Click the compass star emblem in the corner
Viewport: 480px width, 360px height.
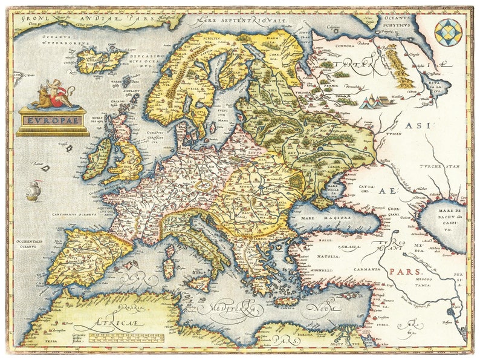(449, 30)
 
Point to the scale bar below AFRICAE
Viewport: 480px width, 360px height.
(121, 336)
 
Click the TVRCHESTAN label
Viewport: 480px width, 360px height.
(440, 166)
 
